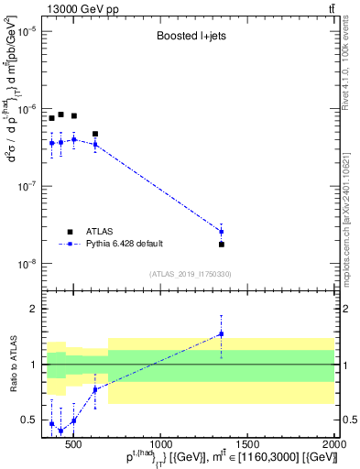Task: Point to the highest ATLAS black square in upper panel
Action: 60,115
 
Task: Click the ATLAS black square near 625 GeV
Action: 95,134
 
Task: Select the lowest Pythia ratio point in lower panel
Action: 60,431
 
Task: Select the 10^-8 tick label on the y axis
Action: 24,265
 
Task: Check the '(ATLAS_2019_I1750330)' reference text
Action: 190,274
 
